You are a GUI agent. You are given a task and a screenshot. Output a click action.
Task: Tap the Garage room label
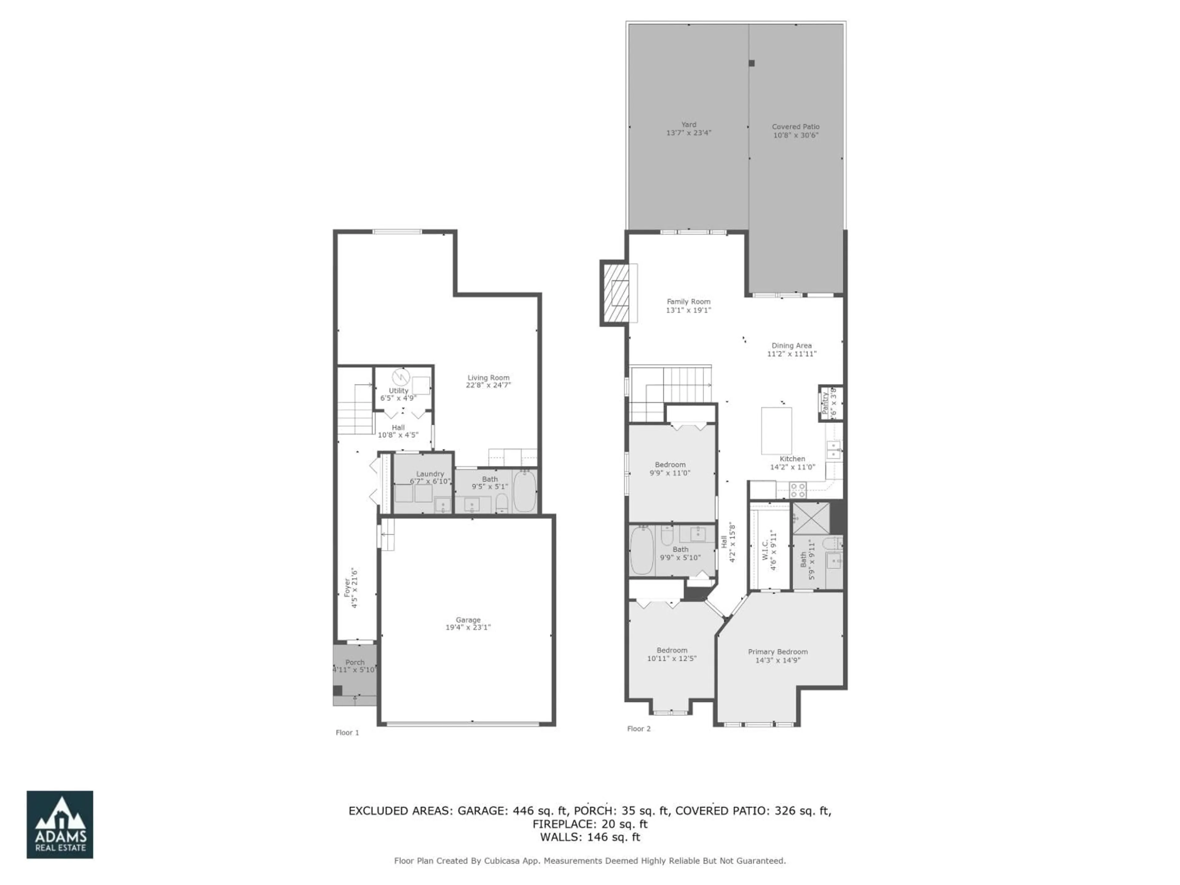[468, 620]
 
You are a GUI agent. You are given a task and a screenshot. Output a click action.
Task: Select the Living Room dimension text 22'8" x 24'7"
[488, 385]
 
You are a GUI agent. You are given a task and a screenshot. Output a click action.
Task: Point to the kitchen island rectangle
[776, 431]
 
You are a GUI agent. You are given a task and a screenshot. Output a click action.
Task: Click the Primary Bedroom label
[777, 652]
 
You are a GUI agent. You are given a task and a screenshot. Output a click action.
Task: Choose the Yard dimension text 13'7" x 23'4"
[688, 133]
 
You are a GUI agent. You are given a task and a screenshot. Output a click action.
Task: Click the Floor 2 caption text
[639, 729]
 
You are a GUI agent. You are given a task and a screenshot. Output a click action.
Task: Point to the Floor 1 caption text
[347, 733]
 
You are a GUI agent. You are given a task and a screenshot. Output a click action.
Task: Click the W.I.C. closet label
[765, 550]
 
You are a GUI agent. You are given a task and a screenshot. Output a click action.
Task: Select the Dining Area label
[791, 346]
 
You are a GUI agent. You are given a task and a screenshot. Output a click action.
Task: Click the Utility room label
[399, 391]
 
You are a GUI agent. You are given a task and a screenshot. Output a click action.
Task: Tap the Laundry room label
[430, 474]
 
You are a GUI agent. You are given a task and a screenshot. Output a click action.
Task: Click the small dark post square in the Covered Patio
[752, 63]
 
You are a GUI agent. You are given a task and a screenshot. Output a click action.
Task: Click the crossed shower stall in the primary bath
[810, 518]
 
